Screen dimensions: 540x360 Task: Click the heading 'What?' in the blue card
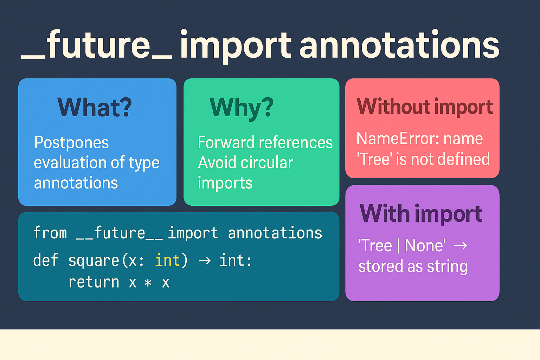[95, 107]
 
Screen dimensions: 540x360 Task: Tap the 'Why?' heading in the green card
[242, 109]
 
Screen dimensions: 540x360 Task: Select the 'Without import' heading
[425, 107]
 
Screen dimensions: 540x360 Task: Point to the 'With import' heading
[421, 214]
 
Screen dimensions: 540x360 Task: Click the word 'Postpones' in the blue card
[71, 143]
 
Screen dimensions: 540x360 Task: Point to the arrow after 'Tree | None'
[460, 246]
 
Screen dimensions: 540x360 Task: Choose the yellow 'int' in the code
[167, 260]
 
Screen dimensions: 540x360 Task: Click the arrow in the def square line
[204, 261]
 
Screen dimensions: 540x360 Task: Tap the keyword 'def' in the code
[46, 260]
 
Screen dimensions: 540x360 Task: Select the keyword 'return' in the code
[94, 282]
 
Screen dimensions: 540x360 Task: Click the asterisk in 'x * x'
[148, 282]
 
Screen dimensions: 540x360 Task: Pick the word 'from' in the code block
[50, 233]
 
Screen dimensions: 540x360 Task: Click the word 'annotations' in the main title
[399, 44]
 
